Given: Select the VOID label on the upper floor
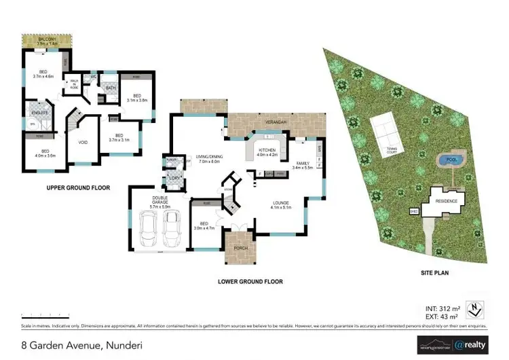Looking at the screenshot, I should click(83, 143).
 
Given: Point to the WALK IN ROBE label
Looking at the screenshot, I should click(73, 87).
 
